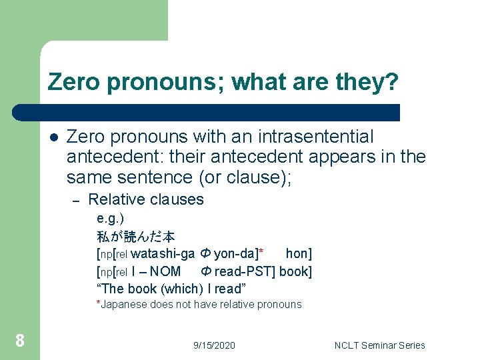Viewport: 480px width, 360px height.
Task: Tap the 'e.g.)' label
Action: click(x=110, y=219)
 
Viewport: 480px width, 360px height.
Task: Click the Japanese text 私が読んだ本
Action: click(x=135, y=236)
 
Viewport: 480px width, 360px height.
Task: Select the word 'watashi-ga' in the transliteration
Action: click(x=163, y=253)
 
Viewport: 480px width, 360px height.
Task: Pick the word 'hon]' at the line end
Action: click(x=299, y=253)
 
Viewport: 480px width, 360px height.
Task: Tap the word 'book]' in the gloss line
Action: click(x=295, y=271)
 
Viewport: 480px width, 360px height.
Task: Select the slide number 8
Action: click(x=20, y=341)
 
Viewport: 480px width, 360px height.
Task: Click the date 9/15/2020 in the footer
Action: click(x=214, y=345)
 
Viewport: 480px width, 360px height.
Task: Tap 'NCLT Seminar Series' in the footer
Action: click(x=380, y=345)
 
